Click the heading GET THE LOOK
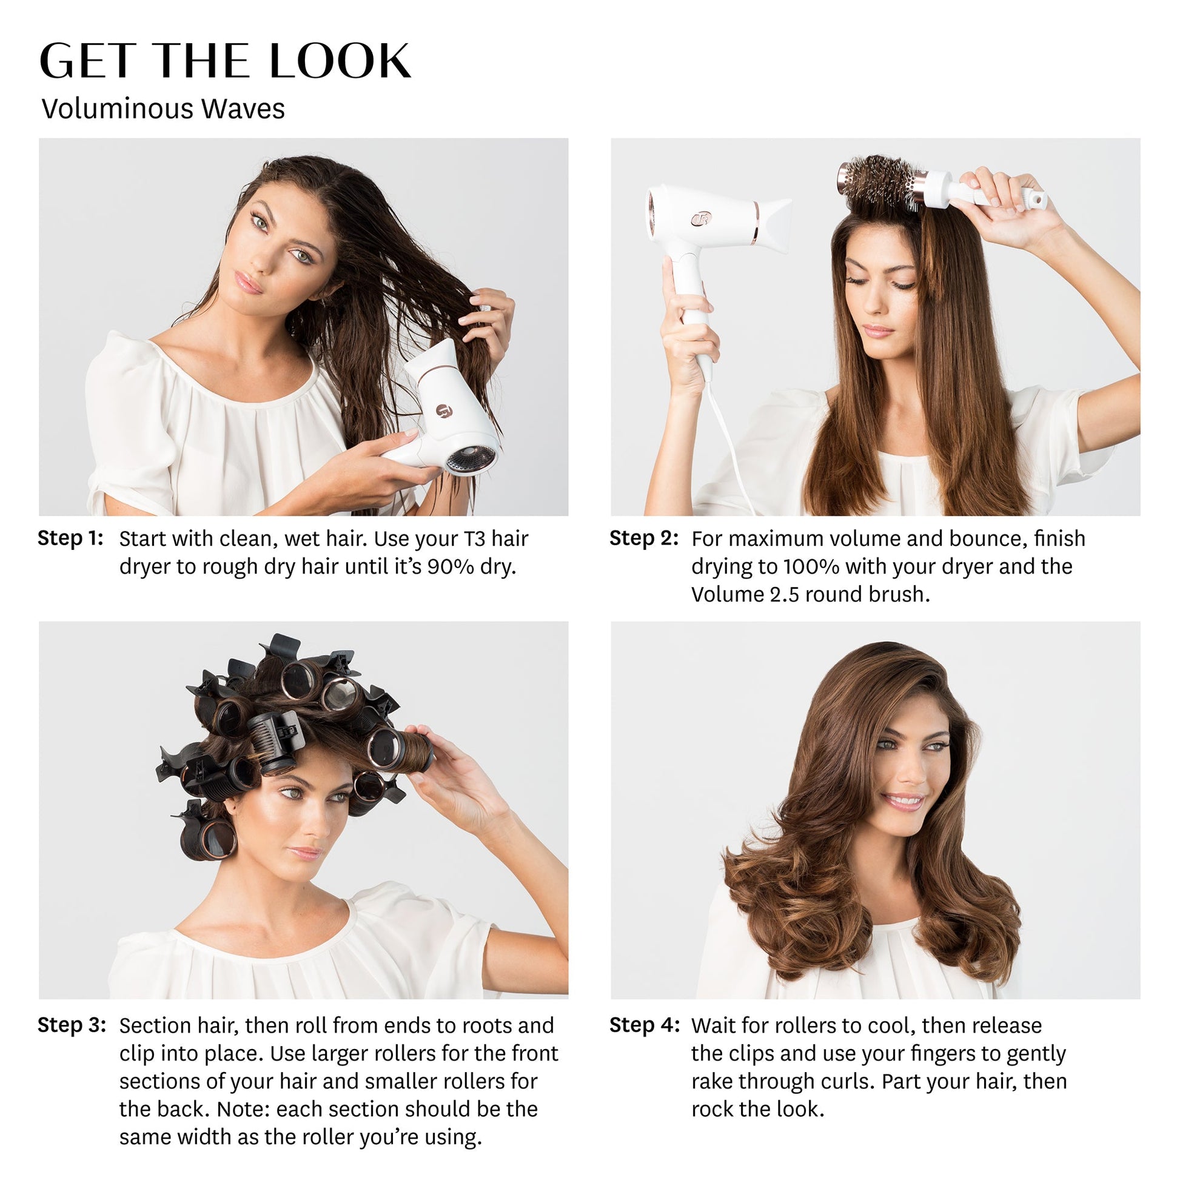tap(226, 62)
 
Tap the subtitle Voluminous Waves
tap(163, 109)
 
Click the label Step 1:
tap(70, 538)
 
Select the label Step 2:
tap(644, 538)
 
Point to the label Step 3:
tap(72, 1024)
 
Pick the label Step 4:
tap(645, 1024)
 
